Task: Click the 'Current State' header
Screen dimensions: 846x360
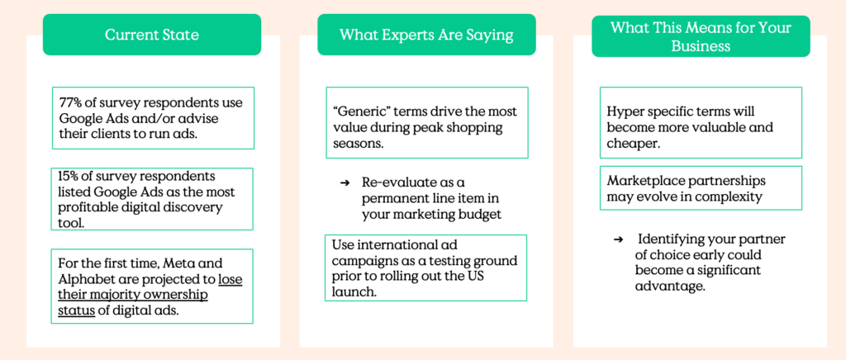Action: tap(152, 35)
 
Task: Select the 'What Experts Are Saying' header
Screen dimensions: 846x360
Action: tap(426, 35)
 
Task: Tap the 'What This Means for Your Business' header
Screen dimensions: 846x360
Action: tap(701, 36)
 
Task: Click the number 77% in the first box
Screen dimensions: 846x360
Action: tap(69, 102)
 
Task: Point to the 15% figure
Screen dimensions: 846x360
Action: tap(68, 176)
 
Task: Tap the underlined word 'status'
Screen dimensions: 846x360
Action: tap(76, 311)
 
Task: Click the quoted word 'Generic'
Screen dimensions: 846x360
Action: tap(358, 111)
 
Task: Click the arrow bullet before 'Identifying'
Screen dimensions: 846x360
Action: tap(619, 239)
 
